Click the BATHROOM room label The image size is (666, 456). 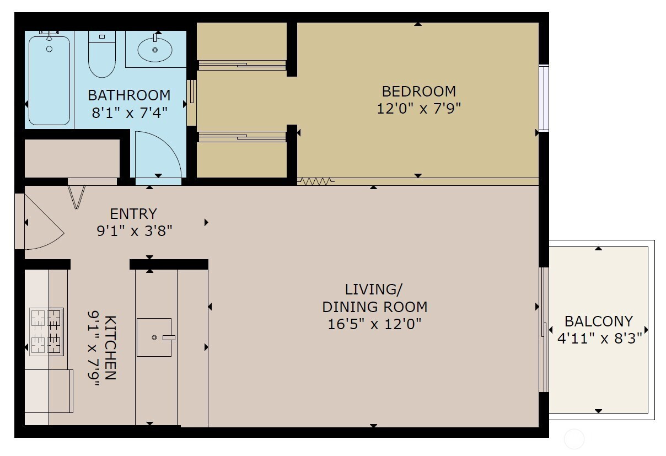coord(129,95)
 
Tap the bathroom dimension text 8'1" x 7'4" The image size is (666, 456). coord(130,112)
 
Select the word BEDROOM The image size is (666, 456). coord(418,92)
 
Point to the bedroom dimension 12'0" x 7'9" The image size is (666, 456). coord(418,109)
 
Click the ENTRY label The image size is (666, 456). coord(133,214)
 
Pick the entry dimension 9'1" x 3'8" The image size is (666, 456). coord(135,230)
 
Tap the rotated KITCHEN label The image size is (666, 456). coord(110,348)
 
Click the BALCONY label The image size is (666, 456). coord(599,321)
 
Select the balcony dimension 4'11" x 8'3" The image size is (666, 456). coord(599,339)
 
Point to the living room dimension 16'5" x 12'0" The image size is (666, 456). coord(374,324)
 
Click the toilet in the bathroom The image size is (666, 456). coord(102,54)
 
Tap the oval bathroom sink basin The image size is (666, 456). coord(154,50)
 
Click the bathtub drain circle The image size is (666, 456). coord(50,49)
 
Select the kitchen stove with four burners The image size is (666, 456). coord(46,332)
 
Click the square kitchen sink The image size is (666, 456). coord(154,337)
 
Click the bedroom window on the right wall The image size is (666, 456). coord(544,98)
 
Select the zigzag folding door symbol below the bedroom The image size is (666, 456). coord(316,181)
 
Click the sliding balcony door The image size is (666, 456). coord(544,330)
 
